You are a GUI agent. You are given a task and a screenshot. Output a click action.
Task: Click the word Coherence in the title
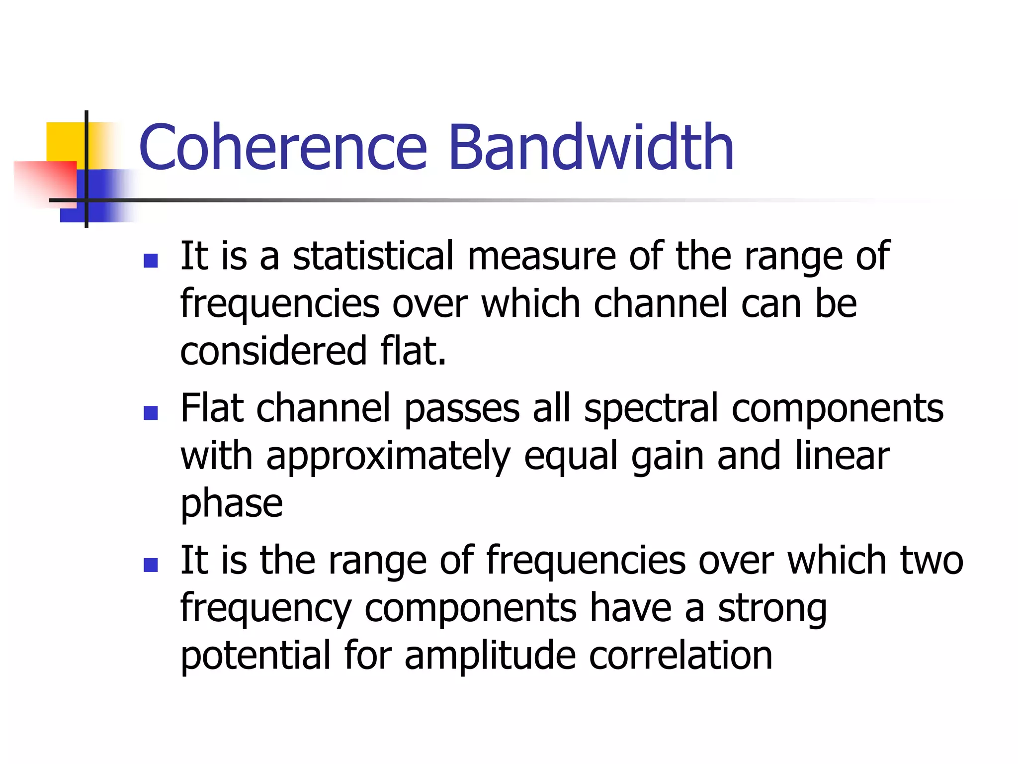(283, 148)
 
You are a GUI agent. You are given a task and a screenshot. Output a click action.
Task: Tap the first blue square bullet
(150, 261)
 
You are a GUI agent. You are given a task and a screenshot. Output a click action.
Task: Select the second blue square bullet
(150, 412)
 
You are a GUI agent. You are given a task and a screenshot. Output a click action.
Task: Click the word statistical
(373, 256)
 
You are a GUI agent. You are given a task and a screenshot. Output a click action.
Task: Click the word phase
(232, 504)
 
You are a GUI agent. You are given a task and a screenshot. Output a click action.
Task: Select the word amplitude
(490, 656)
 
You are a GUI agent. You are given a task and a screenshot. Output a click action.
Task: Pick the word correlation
(680, 656)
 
